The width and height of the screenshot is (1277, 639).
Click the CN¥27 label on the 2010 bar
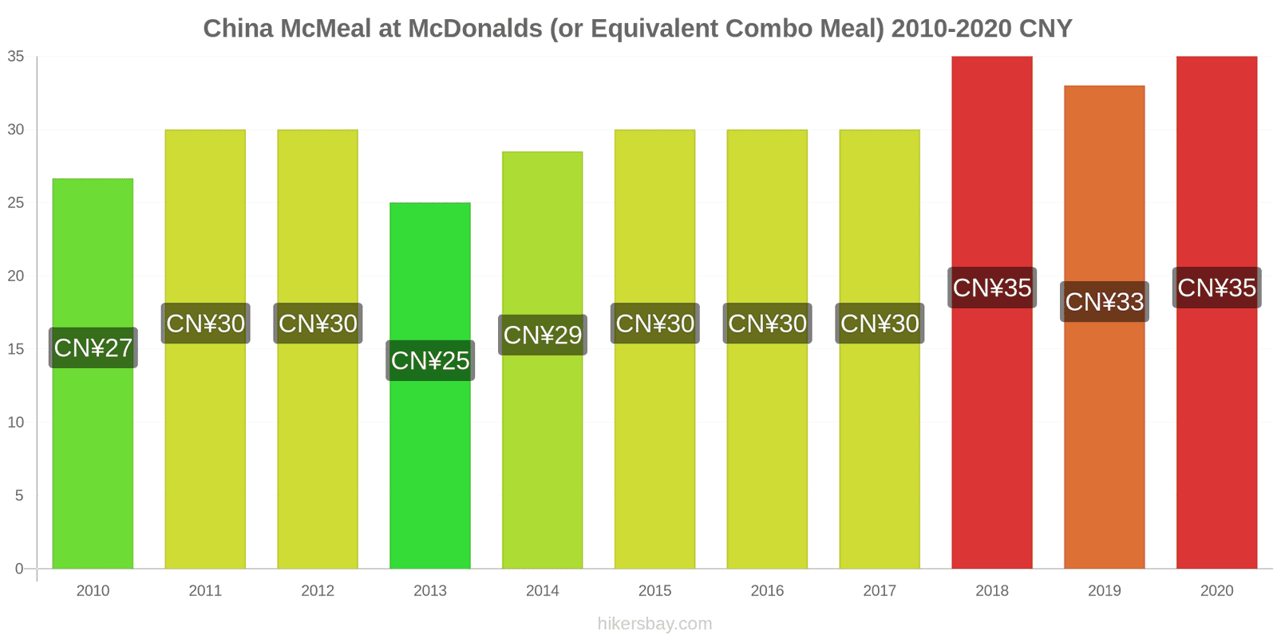click(93, 347)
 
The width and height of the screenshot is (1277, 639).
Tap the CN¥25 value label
click(430, 360)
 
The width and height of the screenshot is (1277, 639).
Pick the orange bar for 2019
click(1104, 439)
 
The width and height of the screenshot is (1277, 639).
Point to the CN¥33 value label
click(1105, 302)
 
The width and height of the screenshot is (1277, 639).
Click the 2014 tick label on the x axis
click(542, 591)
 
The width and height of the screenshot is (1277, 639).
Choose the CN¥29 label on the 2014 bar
click(543, 335)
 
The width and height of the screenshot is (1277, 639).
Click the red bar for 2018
click(991, 439)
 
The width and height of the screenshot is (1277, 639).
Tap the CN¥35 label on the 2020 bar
click(1216, 288)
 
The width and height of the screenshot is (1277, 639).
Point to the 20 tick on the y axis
click(16, 276)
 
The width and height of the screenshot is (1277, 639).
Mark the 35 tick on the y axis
click(16, 57)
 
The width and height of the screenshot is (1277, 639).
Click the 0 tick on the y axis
click(19, 569)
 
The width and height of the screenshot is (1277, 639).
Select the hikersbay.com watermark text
click(654, 624)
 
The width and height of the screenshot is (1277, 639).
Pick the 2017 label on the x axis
click(879, 591)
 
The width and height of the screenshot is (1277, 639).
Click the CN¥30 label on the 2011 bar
click(205, 323)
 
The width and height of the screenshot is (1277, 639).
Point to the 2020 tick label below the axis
click(1216, 591)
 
